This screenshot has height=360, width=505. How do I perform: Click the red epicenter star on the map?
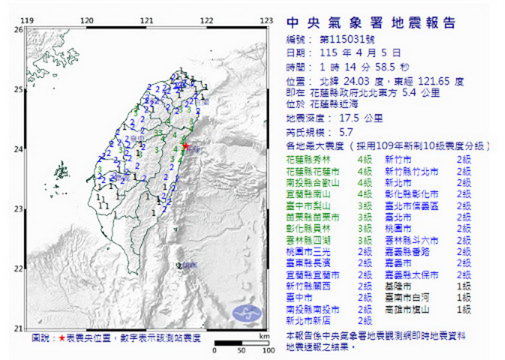click(185, 146)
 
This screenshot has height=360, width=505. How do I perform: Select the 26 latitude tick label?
click(18, 29)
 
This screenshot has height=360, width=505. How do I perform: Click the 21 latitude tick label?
click(18, 329)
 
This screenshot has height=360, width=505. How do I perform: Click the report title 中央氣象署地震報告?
click(371, 23)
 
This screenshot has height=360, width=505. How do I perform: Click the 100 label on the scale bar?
click(267, 350)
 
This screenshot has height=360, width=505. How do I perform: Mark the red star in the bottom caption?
click(62, 339)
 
